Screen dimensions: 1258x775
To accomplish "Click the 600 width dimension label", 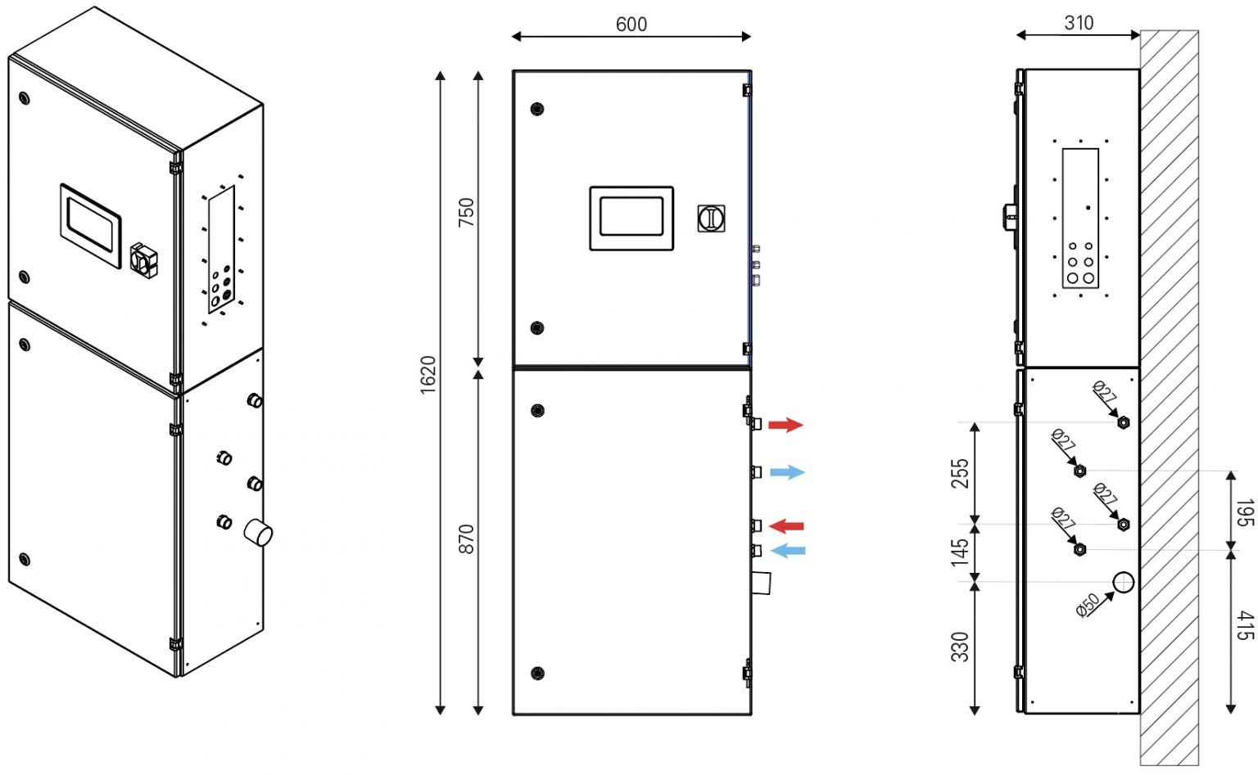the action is click(631, 24).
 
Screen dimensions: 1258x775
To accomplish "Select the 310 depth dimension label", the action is click(1079, 23).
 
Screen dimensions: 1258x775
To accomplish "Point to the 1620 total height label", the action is click(428, 375).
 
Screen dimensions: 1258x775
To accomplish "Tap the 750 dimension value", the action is click(466, 212).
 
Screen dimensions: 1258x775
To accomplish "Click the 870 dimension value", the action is click(466, 539).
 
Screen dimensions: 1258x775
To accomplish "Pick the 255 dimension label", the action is click(961, 473).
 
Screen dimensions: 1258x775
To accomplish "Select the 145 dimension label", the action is click(961, 552).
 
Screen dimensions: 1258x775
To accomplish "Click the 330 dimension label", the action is click(961, 647).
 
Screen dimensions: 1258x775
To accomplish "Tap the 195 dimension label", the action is click(1245, 513).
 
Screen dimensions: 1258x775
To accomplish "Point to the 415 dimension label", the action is click(1245, 626).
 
